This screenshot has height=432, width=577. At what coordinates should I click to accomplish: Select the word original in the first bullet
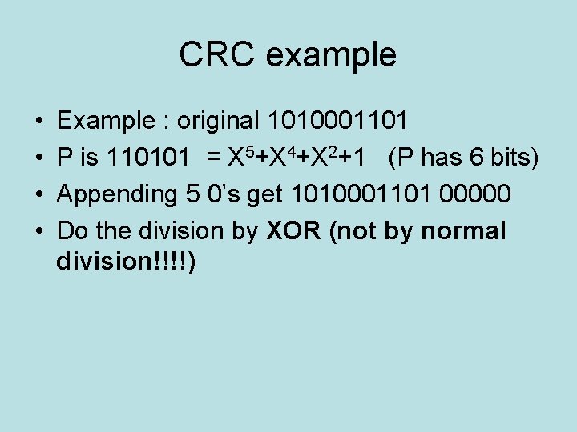[218, 122]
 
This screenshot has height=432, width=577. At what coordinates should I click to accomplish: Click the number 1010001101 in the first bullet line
[338, 122]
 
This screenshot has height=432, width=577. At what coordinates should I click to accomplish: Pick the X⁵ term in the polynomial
[240, 158]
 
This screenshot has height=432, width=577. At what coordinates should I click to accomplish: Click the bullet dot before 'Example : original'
[39, 122]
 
